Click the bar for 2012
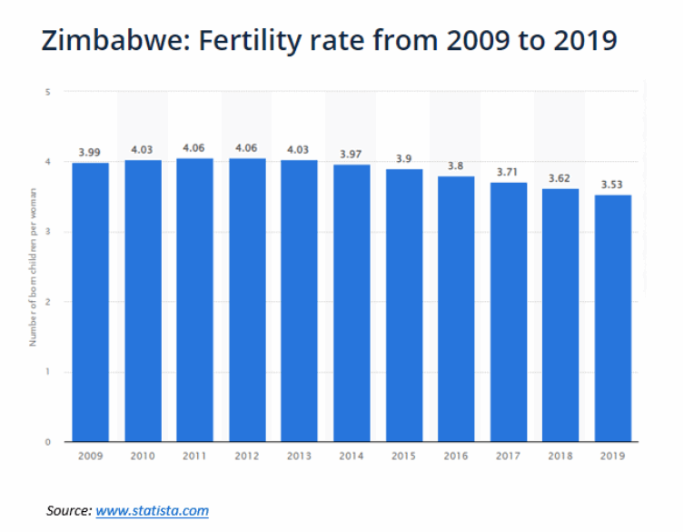pos(246,300)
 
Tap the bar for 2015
pos(403,306)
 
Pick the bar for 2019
pos(612,318)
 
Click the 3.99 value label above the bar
pos(89,152)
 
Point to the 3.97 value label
pos(351,155)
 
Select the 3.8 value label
pos(455,166)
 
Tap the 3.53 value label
pos(612,185)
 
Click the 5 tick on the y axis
pos(46,92)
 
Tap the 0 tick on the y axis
pos(46,442)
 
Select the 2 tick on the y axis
pos(46,302)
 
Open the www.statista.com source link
pos(153,510)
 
